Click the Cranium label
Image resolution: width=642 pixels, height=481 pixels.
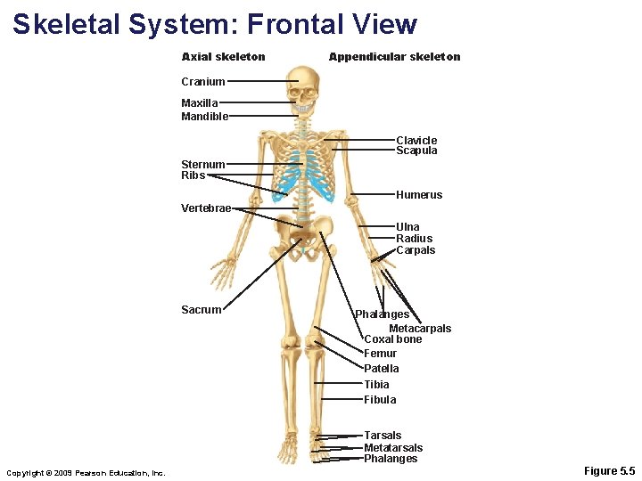click(x=202, y=82)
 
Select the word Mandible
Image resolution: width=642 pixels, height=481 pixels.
click(x=204, y=116)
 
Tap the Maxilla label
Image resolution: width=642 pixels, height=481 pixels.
click(x=200, y=103)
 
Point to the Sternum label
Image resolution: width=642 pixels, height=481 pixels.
click(x=202, y=164)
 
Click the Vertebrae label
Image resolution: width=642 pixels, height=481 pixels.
click(x=206, y=208)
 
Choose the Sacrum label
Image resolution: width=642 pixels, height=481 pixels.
click(x=201, y=310)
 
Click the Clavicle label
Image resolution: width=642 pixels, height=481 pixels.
click(x=416, y=140)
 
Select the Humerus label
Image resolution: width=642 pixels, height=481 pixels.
click(x=419, y=195)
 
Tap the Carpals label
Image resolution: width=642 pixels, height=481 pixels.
click(x=416, y=250)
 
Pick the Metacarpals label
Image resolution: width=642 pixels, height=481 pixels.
click(x=420, y=329)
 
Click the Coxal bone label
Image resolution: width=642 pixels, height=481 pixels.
click(x=393, y=339)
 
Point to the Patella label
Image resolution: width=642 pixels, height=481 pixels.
click(x=382, y=369)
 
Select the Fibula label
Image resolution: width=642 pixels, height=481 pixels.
click(x=380, y=400)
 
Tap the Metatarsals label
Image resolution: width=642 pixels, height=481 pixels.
click(x=393, y=448)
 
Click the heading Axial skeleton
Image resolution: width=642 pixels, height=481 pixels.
click(x=223, y=57)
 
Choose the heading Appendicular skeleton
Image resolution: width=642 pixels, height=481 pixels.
click(x=394, y=57)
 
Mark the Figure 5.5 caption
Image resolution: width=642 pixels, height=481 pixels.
click(x=609, y=470)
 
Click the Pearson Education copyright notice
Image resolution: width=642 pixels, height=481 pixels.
click(x=86, y=472)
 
